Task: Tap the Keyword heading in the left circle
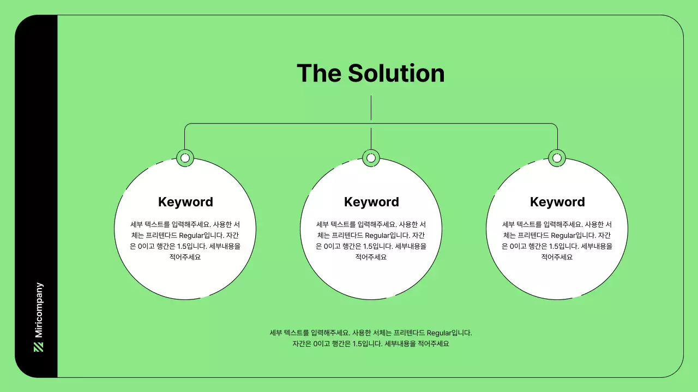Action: click(185, 202)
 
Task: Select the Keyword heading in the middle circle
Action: click(371, 202)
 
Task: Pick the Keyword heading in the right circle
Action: click(557, 202)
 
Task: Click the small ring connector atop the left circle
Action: click(185, 158)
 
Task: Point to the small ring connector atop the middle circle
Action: click(371, 158)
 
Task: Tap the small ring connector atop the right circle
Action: click(557, 158)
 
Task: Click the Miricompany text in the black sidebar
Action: click(39, 310)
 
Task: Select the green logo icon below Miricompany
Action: click(39, 347)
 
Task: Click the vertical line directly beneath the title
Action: click(371, 108)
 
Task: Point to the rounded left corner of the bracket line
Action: click(186, 125)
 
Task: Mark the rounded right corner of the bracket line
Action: click(555, 125)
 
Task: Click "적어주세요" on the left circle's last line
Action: click(185, 257)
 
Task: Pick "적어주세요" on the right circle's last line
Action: click(557, 257)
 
